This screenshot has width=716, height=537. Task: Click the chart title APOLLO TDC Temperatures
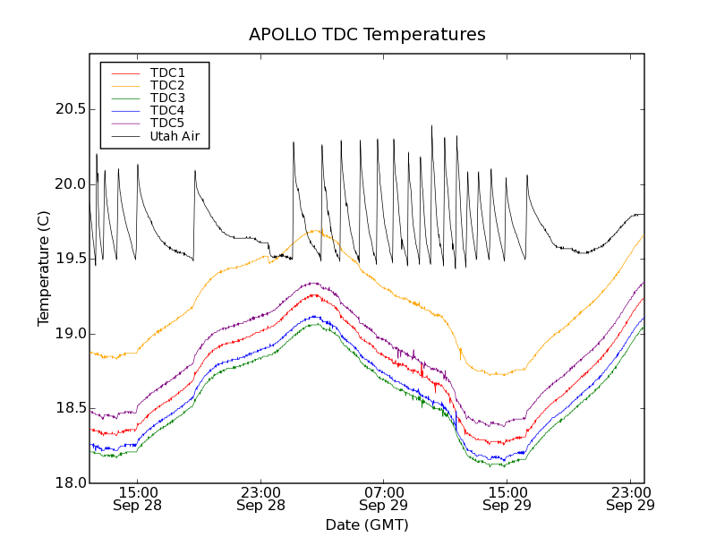pyautogui.click(x=367, y=35)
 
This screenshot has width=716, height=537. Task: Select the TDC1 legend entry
pyautogui.click(x=167, y=72)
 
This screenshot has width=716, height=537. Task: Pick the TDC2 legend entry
pyautogui.click(x=167, y=85)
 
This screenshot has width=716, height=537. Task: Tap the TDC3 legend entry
pyautogui.click(x=167, y=98)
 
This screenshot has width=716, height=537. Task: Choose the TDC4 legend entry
pyautogui.click(x=167, y=110)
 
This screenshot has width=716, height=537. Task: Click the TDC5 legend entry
pyautogui.click(x=167, y=123)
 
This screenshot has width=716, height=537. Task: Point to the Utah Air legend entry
pyautogui.click(x=175, y=136)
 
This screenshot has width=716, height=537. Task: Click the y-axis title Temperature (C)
pyautogui.click(x=44, y=268)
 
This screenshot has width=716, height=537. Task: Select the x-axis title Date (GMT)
pyautogui.click(x=367, y=524)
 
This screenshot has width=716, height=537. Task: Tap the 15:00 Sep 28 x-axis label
pyautogui.click(x=138, y=499)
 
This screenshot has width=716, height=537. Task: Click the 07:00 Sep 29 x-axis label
pyautogui.click(x=384, y=499)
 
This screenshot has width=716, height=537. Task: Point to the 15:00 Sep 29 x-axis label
pyautogui.click(x=507, y=499)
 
